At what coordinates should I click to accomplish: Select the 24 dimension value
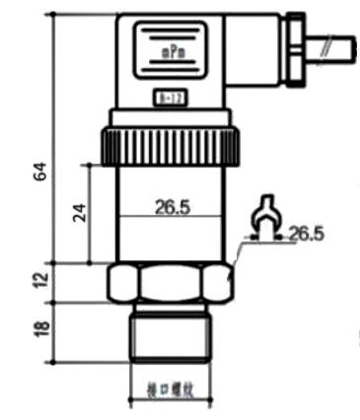click(x=80, y=212)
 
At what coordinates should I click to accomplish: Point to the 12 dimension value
click(x=40, y=280)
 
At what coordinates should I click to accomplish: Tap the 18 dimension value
click(x=40, y=328)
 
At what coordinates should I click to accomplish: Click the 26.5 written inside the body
click(x=171, y=207)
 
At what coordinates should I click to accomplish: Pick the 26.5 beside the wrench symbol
click(x=307, y=234)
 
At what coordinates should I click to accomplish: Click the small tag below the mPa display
click(x=169, y=97)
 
